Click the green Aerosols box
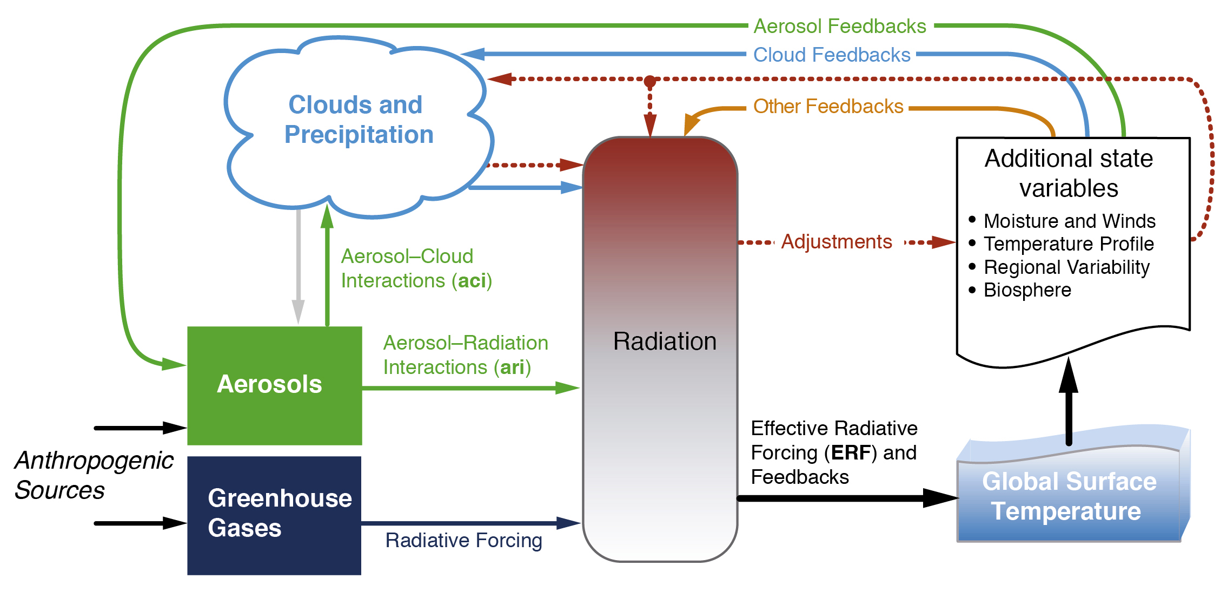pyautogui.click(x=275, y=386)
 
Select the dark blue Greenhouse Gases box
pyautogui.click(x=274, y=516)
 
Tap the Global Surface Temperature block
pyautogui.click(x=1073, y=487)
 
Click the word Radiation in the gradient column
pyautogui.click(x=665, y=342)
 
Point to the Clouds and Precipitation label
pyautogui.click(x=359, y=120)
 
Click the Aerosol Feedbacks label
pyautogui.click(x=840, y=26)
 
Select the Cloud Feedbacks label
pyautogui.click(x=832, y=55)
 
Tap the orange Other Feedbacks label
pyautogui.click(x=828, y=106)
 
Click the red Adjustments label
pyautogui.click(x=837, y=241)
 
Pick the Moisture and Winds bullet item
pyautogui.click(x=1063, y=221)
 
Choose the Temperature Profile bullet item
pyautogui.click(x=1062, y=244)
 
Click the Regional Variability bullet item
pyautogui.click(x=1059, y=267)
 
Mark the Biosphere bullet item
pyautogui.click(x=1020, y=290)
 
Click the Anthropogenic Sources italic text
pyautogui.click(x=94, y=475)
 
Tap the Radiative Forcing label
pyautogui.click(x=463, y=540)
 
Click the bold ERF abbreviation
pyautogui.click(x=851, y=452)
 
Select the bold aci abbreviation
pyautogui.click(x=472, y=280)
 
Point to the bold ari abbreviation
pyautogui.click(x=513, y=367)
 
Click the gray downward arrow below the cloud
pyautogui.click(x=298, y=267)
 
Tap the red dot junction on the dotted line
pyautogui.click(x=650, y=82)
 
